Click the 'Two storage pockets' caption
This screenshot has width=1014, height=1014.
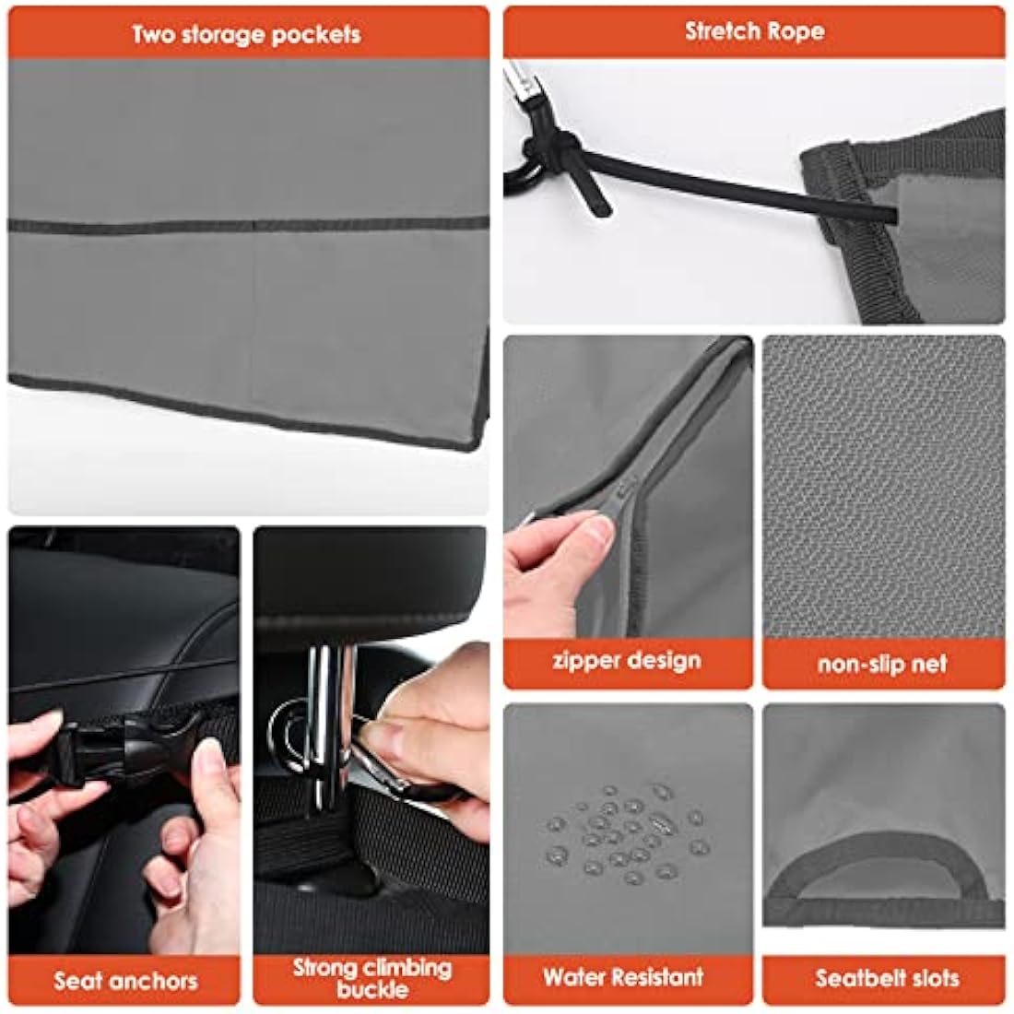[246, 35]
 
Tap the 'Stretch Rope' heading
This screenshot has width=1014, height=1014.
[754, 31]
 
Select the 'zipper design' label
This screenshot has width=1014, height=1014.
[627, 661]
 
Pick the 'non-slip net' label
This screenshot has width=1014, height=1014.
[882, 664]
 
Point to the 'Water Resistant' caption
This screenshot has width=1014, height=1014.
[623, 977]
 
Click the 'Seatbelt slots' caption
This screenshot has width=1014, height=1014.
[887, 978]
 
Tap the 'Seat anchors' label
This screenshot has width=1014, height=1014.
[125, 980]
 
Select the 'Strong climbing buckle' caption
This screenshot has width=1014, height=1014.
[371, 978]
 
